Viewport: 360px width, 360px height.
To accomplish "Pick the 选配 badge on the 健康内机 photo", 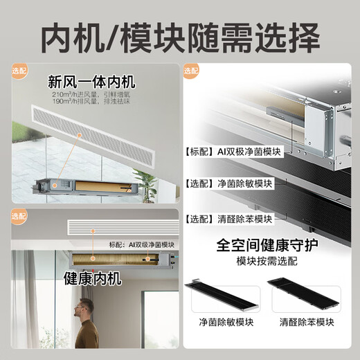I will click(18, 216).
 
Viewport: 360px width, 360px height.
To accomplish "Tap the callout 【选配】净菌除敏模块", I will click(228, 184).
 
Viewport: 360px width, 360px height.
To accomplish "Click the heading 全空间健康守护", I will click(267, 246).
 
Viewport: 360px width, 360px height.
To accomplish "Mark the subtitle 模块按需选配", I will click(267, 263).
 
